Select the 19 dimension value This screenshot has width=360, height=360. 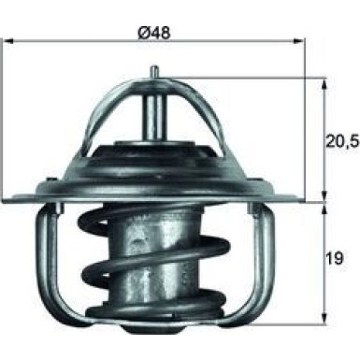(x=334, y=254)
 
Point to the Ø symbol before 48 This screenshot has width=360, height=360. (x=142, y=34)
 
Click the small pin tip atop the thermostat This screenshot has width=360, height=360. (x=152, y=68)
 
